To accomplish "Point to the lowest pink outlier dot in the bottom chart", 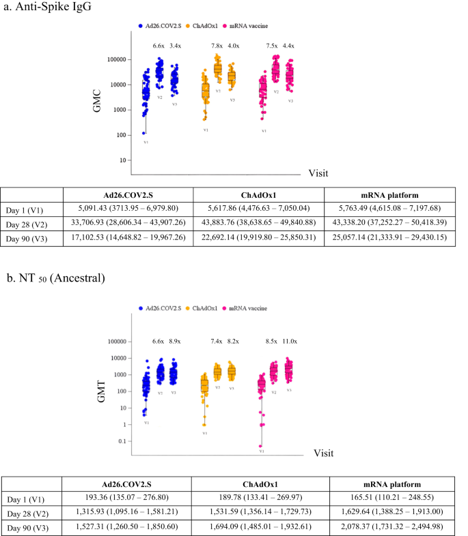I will [x=260, y=446].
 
